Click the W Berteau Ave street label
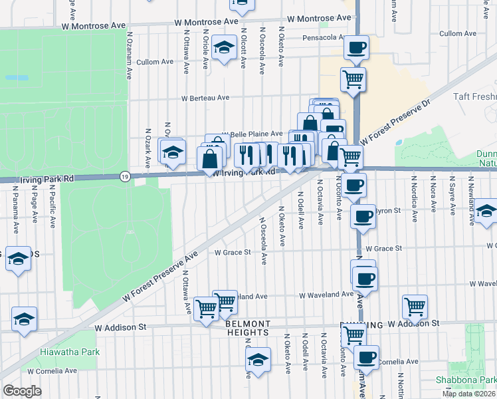pos(205,98)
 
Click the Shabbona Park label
pos(466,380)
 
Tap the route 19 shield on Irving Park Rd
pos(124,176)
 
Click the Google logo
pos(22,391)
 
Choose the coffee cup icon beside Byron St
pos(363,216)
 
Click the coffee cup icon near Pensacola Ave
pos(356,48)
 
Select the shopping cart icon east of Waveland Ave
pos(415,306)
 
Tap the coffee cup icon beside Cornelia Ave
pos(366,357)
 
